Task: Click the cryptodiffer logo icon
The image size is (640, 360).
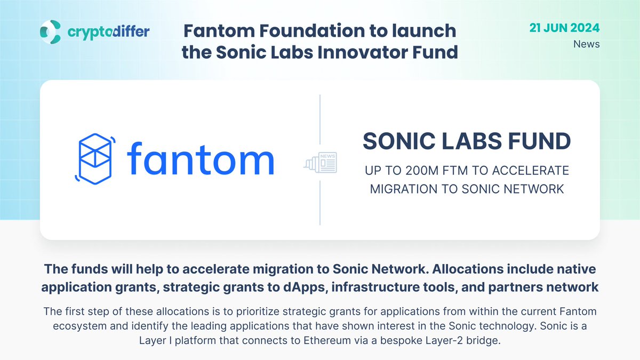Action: [x=51, y=31]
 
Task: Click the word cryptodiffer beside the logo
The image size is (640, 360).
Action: [x=108, y=32]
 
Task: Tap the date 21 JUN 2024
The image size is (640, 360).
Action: [x=564, y=28]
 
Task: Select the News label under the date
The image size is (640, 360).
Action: [x=586, y=44]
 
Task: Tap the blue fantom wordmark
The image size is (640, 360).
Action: [x=200, y=159]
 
